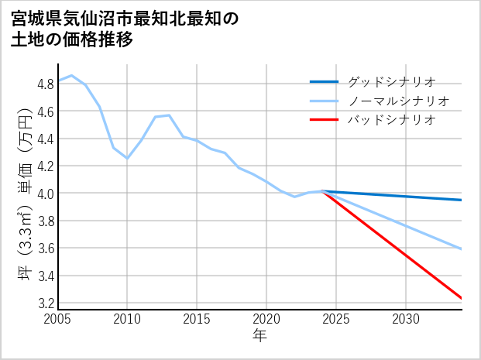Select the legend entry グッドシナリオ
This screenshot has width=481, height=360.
pos(391,81)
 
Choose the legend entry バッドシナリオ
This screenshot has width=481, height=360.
pos(391,120)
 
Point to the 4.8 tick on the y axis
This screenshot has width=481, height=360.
pos(44,84)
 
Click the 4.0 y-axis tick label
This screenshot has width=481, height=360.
pos(44,194)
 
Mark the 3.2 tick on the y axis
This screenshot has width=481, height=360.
pos(44,303)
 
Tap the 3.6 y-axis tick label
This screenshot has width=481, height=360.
pos(44,249)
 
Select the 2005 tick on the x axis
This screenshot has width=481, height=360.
pos(58,319)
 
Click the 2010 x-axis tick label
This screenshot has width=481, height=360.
pos(128,319)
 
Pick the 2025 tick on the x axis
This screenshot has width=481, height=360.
pos(336,319)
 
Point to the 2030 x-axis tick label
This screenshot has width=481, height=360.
pos(406,319)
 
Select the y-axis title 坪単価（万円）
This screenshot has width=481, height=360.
pos(22,194)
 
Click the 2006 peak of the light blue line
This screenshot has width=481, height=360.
pos(72,76)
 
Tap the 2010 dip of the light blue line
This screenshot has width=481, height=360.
pos(128,158)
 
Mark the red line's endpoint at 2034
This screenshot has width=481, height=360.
pos(462,298)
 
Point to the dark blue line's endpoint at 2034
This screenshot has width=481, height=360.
pos(462,200)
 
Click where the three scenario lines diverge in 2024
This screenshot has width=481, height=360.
pos(322,191)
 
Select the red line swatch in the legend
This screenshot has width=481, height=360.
pos(324,120)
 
